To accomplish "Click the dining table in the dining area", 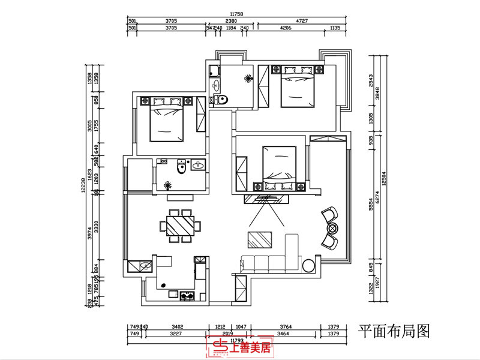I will coord(181,226).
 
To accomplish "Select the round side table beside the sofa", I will coord(309,265).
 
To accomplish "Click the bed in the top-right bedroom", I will coord(297,88).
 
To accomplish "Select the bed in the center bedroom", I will coord(280,166).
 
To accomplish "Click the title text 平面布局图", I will coord(394,330).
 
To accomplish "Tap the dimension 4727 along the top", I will coord(304,20).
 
